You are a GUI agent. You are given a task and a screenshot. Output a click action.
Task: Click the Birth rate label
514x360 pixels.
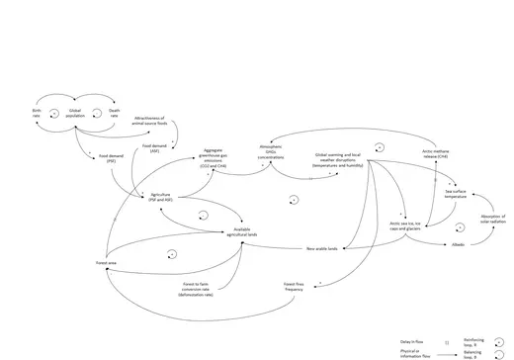(x=36, y=114)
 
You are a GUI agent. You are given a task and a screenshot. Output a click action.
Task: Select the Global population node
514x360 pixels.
(x=75, y=114)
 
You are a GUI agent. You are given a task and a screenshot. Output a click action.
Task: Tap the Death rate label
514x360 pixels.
(x=114, y=114)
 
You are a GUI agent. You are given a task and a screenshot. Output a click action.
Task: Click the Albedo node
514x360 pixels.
(x=458, y=243)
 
